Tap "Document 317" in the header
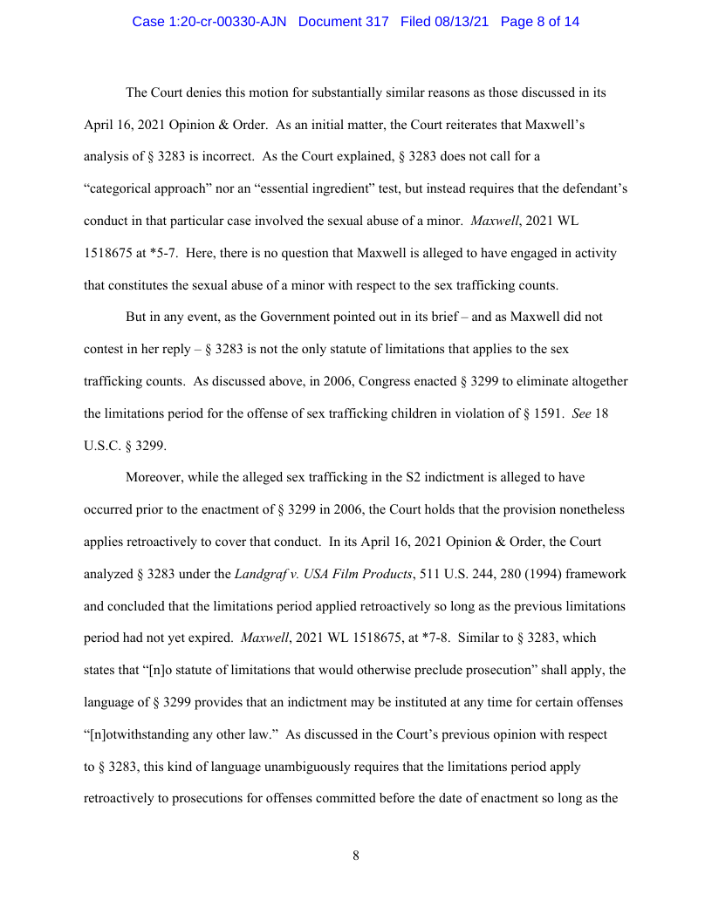coord(344,21)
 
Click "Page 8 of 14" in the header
coord(540,21)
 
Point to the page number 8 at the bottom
coord(356,856)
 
